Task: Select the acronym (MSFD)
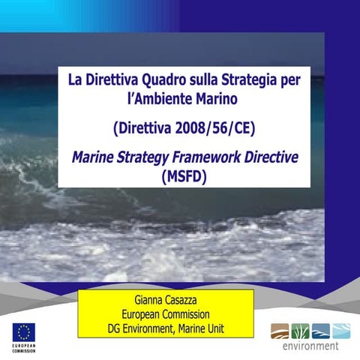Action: tap(184, 177)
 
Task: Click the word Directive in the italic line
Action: tap(271, 157)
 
